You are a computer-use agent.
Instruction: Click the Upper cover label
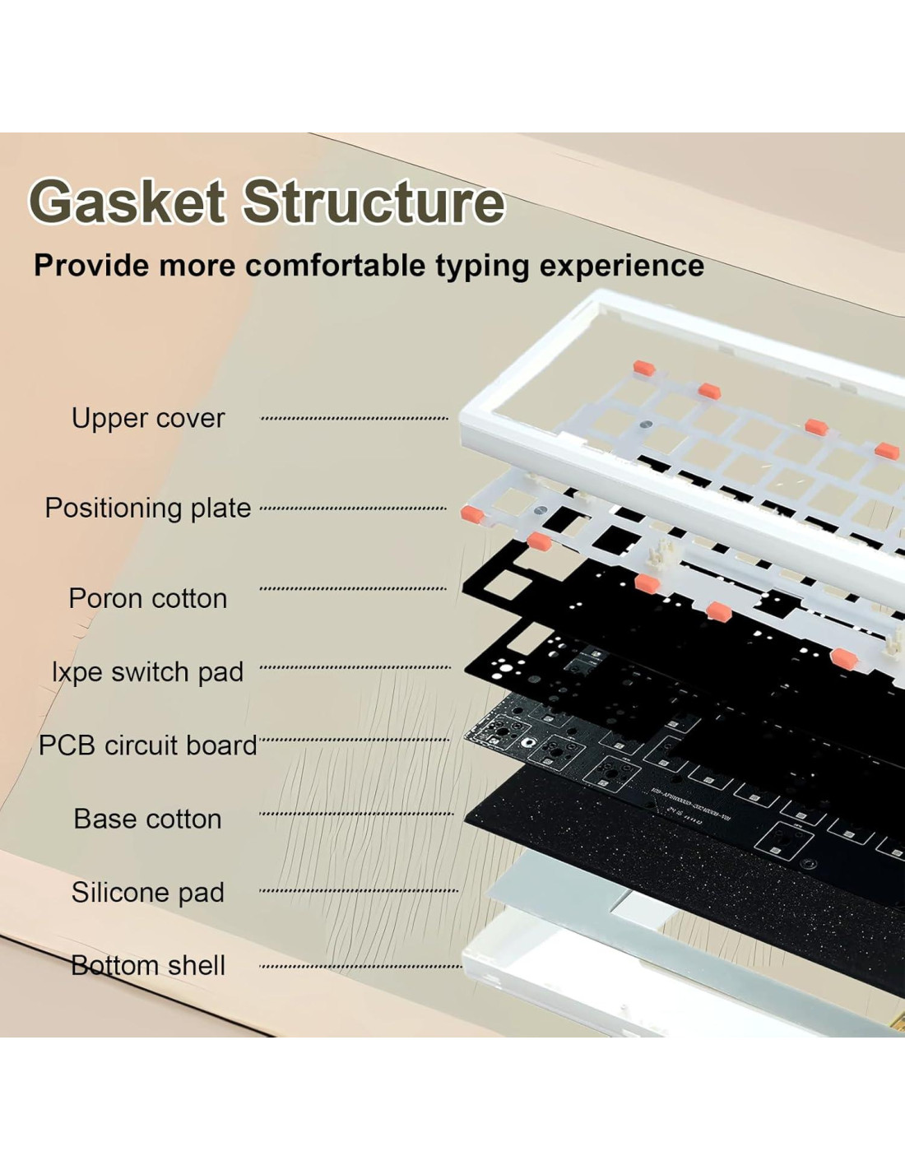point(148,419)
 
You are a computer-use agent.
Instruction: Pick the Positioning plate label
point(148,508)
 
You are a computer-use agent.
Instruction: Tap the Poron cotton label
point(148,599)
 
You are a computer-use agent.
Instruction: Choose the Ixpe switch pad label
point(148,673)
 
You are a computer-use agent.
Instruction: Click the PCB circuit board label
point(148,745)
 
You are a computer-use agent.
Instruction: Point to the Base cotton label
point(148,819)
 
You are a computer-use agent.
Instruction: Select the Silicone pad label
point(148,893)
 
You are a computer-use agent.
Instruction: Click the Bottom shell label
point(148,965)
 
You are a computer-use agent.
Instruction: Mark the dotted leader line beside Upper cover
point(355,418)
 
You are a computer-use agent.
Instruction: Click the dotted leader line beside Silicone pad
point(359,890)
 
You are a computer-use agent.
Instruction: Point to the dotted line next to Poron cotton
point(353,588)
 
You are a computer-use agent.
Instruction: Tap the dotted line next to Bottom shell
point(360,967)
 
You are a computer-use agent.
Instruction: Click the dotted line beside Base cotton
point(356,814)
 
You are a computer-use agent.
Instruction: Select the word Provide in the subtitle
point(90,266)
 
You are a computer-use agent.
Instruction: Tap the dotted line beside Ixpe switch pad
point(355,667)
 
